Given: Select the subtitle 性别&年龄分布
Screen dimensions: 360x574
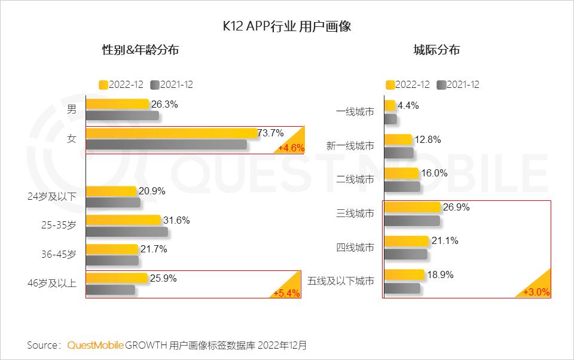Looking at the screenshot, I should pyautogui.click(x=141, y=51).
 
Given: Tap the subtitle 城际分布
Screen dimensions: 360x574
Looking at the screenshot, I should pyautogui.click(x=436, y=51).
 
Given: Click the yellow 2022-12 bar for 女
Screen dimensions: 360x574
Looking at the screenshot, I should pyautogui.click(x=172, y=133).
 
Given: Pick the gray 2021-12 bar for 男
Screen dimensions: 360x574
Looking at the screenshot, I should pyautogui.click(x=123, y=115).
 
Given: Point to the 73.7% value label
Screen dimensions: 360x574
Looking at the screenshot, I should pyautogui.click(x=271, y=133).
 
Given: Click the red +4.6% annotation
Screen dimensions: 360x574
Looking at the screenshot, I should pyautogui.click(x=291, y=148).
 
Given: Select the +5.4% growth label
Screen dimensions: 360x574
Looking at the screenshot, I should pyautogui.click(x=286, y=293).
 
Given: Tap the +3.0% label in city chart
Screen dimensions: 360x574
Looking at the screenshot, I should pyautogui.click(x=536, y=292).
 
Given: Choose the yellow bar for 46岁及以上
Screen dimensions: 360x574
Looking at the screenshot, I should pyautogui.click(x=117, y=278).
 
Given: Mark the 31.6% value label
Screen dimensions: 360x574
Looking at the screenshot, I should pyautogui.click(x=176, y=220).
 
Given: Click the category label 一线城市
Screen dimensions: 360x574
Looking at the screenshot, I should pyautogui.click(x=355, y=112).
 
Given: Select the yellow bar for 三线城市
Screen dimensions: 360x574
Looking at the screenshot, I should pyautogui.click(x=412, y=208).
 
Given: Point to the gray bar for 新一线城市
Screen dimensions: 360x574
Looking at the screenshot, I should pyautogui.click(x=399, y=153).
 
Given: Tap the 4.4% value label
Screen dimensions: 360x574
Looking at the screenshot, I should pyautogui.click(x=408, y=105).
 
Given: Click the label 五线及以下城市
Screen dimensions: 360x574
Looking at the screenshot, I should pyautogui.click(x=341, y=280).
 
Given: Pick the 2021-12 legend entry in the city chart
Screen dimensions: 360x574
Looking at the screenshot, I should pyautogui.click(x=459, y=85).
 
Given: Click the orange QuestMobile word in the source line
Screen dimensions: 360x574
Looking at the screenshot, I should pyautogui.click(x=96, y=345).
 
